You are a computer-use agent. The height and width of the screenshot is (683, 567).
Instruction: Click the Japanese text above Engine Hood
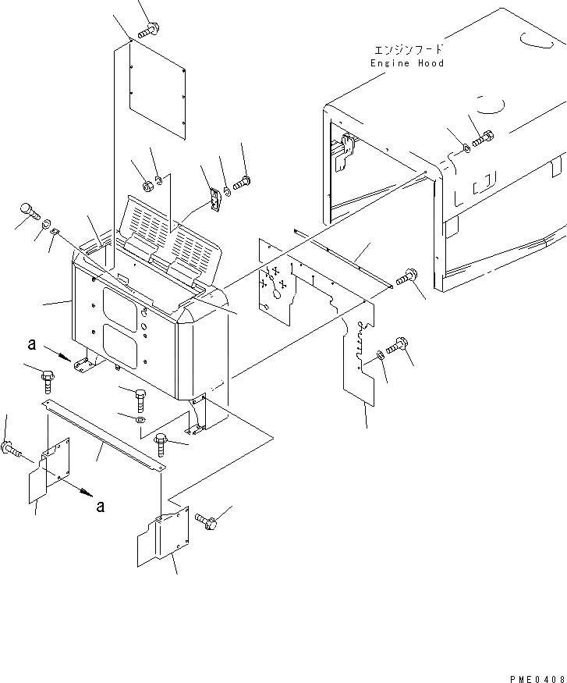tap(409, 49)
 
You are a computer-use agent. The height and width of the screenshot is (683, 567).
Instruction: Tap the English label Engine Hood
tap(407, 63)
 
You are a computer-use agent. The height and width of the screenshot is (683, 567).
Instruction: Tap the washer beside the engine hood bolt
tap(466, 147)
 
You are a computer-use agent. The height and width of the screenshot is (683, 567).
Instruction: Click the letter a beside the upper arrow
tap(31, 344)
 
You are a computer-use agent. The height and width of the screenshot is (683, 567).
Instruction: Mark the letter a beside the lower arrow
tap(100, 505)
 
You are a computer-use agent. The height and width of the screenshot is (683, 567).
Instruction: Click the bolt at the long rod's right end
tap(406, 277)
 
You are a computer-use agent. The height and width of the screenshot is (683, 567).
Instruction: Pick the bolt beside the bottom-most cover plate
tap(205, 521)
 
